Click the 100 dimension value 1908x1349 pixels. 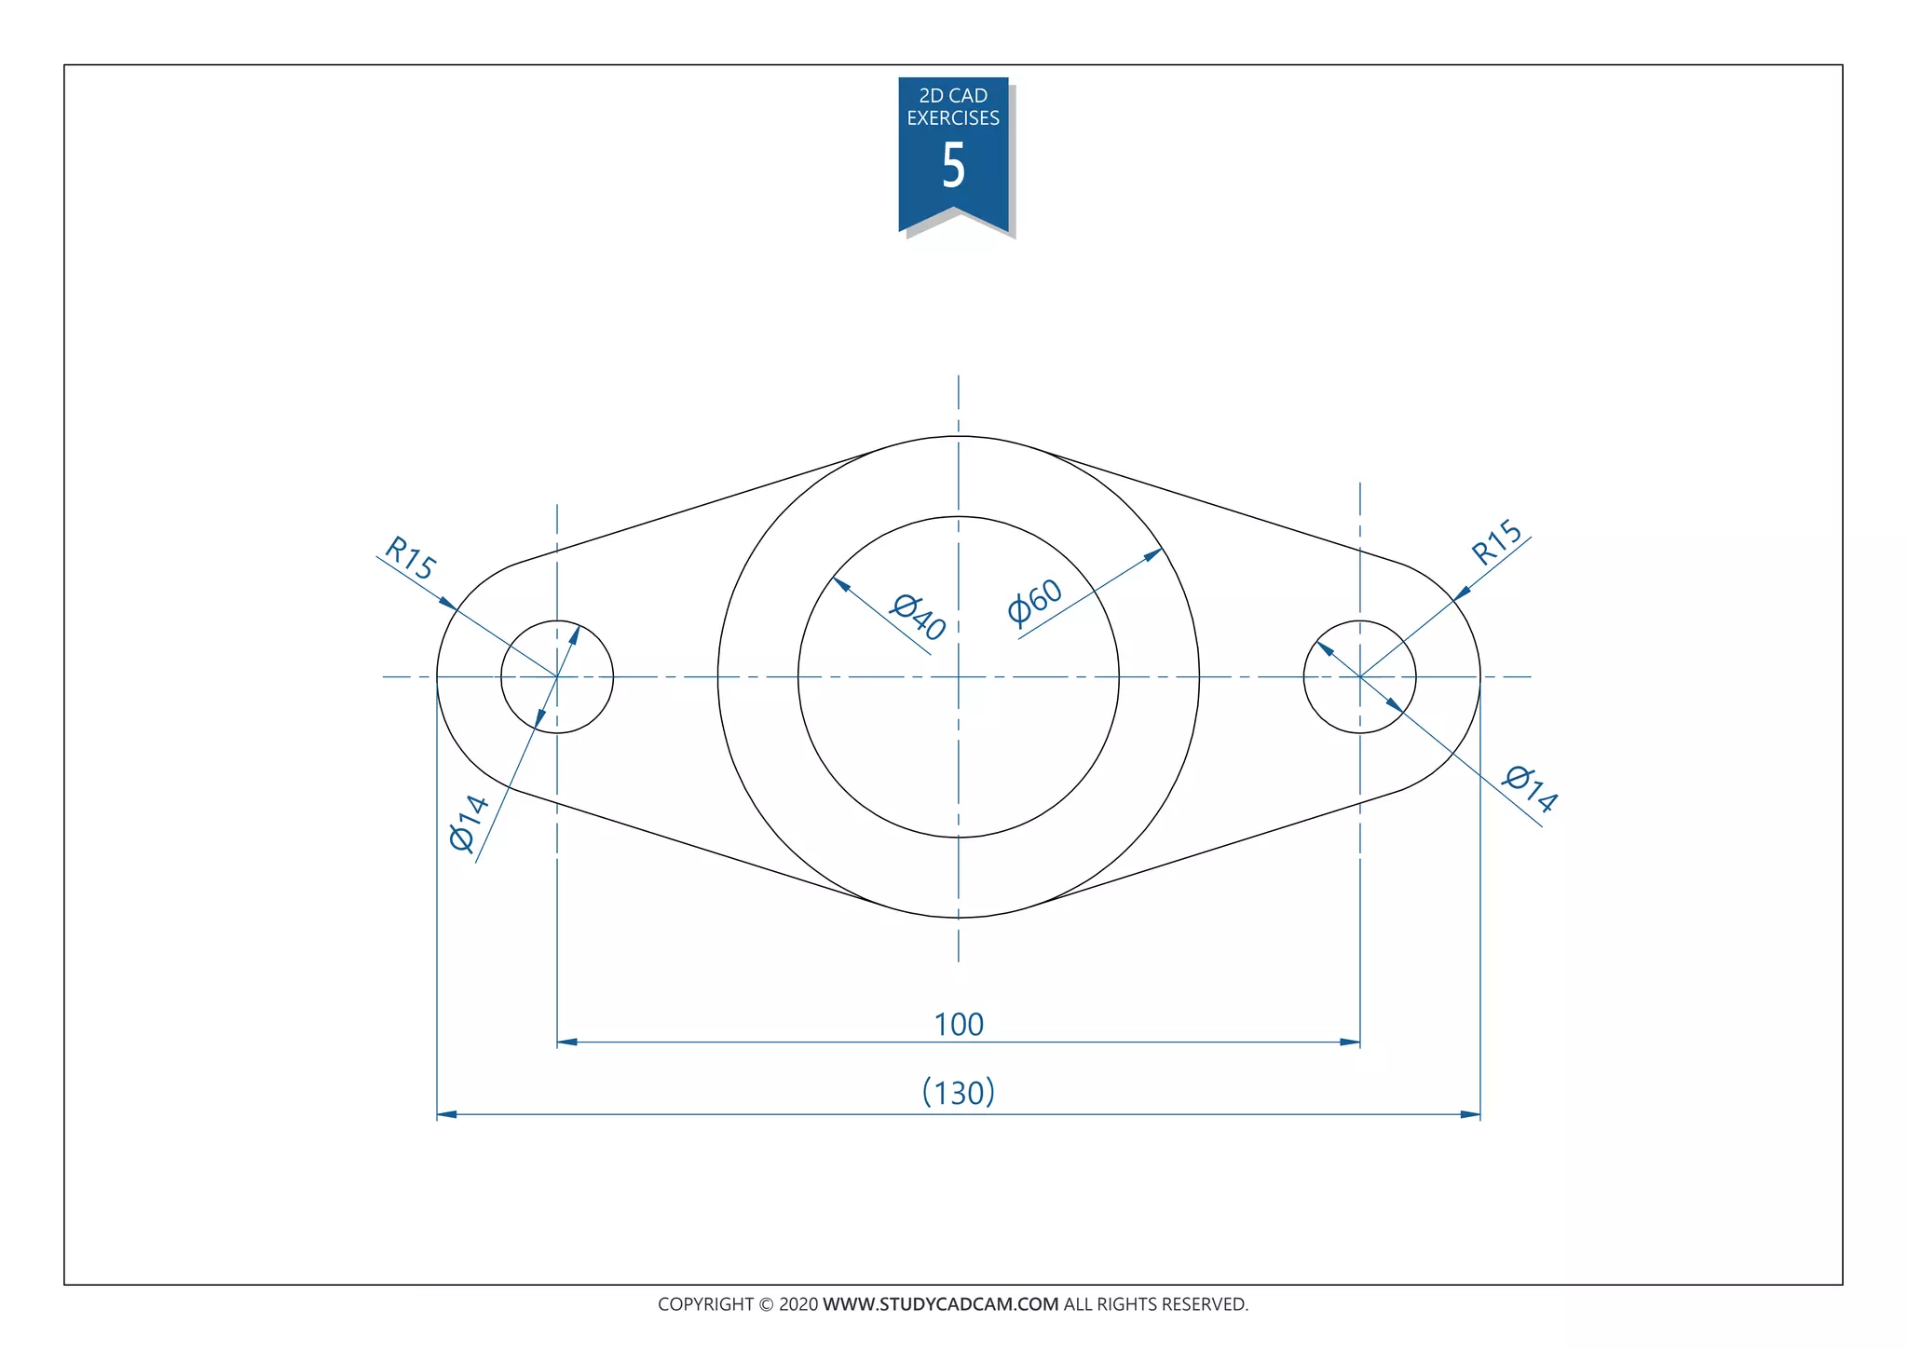(959, 1025)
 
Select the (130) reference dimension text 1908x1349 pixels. (959, 1092)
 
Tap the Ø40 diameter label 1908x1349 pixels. (919, 617)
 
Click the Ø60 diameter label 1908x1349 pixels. (1034, 602)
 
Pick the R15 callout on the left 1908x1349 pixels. (411, 557)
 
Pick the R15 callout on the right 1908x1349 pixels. (1496, 542)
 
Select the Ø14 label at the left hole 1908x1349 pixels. (468, 824)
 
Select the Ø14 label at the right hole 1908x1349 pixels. (1531, 789)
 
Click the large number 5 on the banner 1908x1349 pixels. (953, 166)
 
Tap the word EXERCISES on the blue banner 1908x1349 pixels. (953, 118)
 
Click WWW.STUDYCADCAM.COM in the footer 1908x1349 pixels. (940, 1304)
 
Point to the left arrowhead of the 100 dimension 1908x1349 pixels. (566, 1042)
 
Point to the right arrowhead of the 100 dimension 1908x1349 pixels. (1351, 1042)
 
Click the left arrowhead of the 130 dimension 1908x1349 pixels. (446, 1114)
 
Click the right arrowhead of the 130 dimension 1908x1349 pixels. (1471, 1114)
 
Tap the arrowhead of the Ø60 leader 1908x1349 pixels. (1154, 554)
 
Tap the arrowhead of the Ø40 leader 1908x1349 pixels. (840, 584)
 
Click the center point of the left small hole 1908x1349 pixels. (557, 676)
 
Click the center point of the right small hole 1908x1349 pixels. (1360, 676)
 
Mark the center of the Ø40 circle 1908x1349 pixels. (959, 676)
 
